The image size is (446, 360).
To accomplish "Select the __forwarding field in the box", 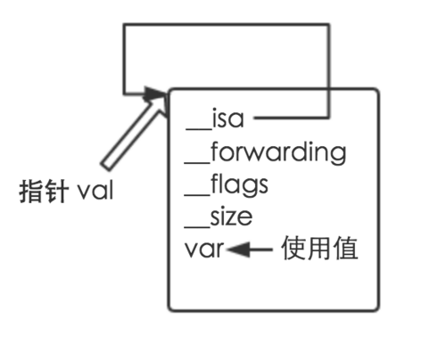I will (263, 152).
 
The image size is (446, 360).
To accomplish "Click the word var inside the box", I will (203, 250).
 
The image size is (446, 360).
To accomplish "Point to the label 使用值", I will (319, 249).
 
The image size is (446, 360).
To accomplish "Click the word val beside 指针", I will (95, 191).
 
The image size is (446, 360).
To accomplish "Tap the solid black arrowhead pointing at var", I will (238, 250).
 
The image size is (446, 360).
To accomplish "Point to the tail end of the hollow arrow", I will (106, 164).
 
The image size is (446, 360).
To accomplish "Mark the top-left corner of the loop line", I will (123, 25).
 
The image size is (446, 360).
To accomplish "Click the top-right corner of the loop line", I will (331, 25).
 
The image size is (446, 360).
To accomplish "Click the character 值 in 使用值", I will (346, 249).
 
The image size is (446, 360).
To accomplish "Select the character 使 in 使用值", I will (293, 249).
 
